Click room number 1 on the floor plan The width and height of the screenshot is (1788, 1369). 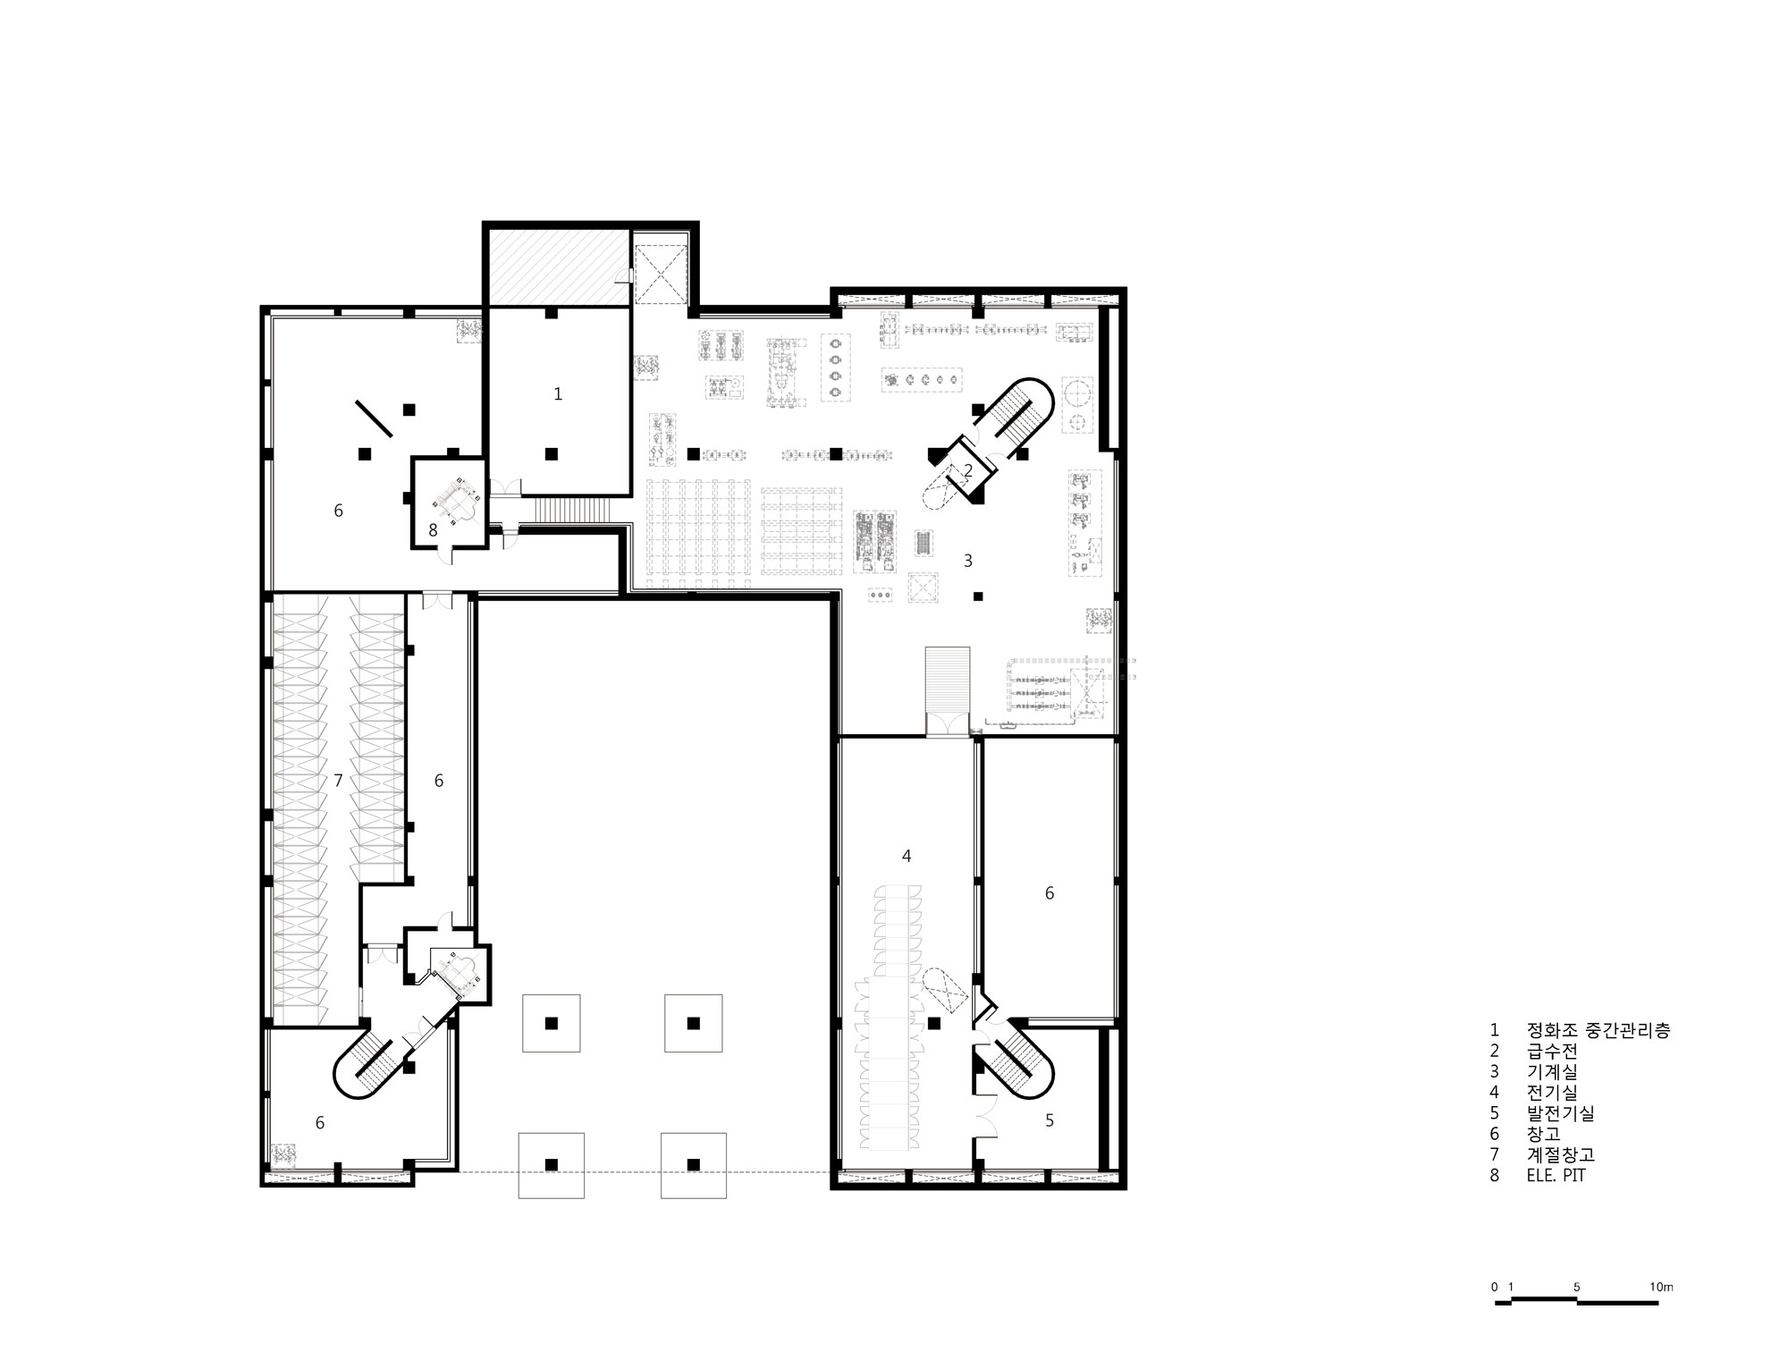558,393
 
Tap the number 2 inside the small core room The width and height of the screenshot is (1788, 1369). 967,470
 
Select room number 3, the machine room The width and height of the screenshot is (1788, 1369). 967,561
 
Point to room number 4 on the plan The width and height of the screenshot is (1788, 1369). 907,856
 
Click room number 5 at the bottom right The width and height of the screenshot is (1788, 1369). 1050,1120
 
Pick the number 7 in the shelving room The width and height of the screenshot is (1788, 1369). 338,781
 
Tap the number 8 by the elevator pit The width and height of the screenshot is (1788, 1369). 433,530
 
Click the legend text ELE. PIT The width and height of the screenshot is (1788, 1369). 1556,1176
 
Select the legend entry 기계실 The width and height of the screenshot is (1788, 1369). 1552,1071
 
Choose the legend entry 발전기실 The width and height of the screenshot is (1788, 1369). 1561,1113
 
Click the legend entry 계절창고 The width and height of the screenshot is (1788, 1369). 1561,1154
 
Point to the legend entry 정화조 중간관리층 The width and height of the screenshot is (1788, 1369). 1598,1030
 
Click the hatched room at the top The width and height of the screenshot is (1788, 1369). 555,267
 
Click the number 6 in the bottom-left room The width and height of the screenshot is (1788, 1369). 320,1123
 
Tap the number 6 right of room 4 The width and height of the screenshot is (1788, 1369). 1050,892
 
